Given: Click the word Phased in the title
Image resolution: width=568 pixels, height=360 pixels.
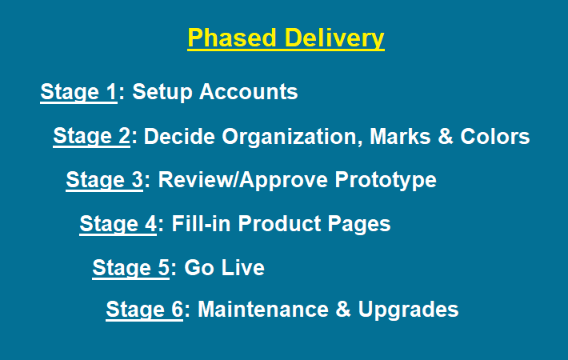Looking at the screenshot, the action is (232, 38).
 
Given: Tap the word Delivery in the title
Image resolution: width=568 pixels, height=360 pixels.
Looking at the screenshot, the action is (334, 38).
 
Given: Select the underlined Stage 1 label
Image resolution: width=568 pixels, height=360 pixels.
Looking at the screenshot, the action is (78, 92).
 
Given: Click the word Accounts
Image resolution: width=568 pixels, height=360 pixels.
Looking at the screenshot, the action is (249, 91).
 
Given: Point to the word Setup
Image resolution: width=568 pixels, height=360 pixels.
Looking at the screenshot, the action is (162, 92).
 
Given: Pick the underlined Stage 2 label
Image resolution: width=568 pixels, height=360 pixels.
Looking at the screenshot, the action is (92, 137).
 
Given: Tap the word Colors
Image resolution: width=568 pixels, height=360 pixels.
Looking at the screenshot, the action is (495, 137).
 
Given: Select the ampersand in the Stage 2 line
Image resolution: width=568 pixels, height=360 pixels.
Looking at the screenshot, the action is (445, 137).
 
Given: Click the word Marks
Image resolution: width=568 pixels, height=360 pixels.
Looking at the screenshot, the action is (400, 137).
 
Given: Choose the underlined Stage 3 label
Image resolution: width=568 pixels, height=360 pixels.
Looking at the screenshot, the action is (104, 180).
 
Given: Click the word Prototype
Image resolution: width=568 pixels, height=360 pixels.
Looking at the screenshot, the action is (386, 180).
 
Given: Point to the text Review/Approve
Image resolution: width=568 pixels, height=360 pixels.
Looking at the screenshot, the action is (242, 180).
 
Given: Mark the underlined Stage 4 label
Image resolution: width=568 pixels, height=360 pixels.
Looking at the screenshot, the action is (118, 224).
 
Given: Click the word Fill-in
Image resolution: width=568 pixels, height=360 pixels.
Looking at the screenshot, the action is (201, 223).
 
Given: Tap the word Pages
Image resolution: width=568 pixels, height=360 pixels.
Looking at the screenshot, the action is (359, 224).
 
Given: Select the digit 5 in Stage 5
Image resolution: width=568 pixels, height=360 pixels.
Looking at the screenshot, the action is (164, 268).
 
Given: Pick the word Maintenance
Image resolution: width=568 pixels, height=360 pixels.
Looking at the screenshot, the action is (263, 310).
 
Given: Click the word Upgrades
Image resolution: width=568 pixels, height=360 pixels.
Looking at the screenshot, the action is (408, 310).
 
